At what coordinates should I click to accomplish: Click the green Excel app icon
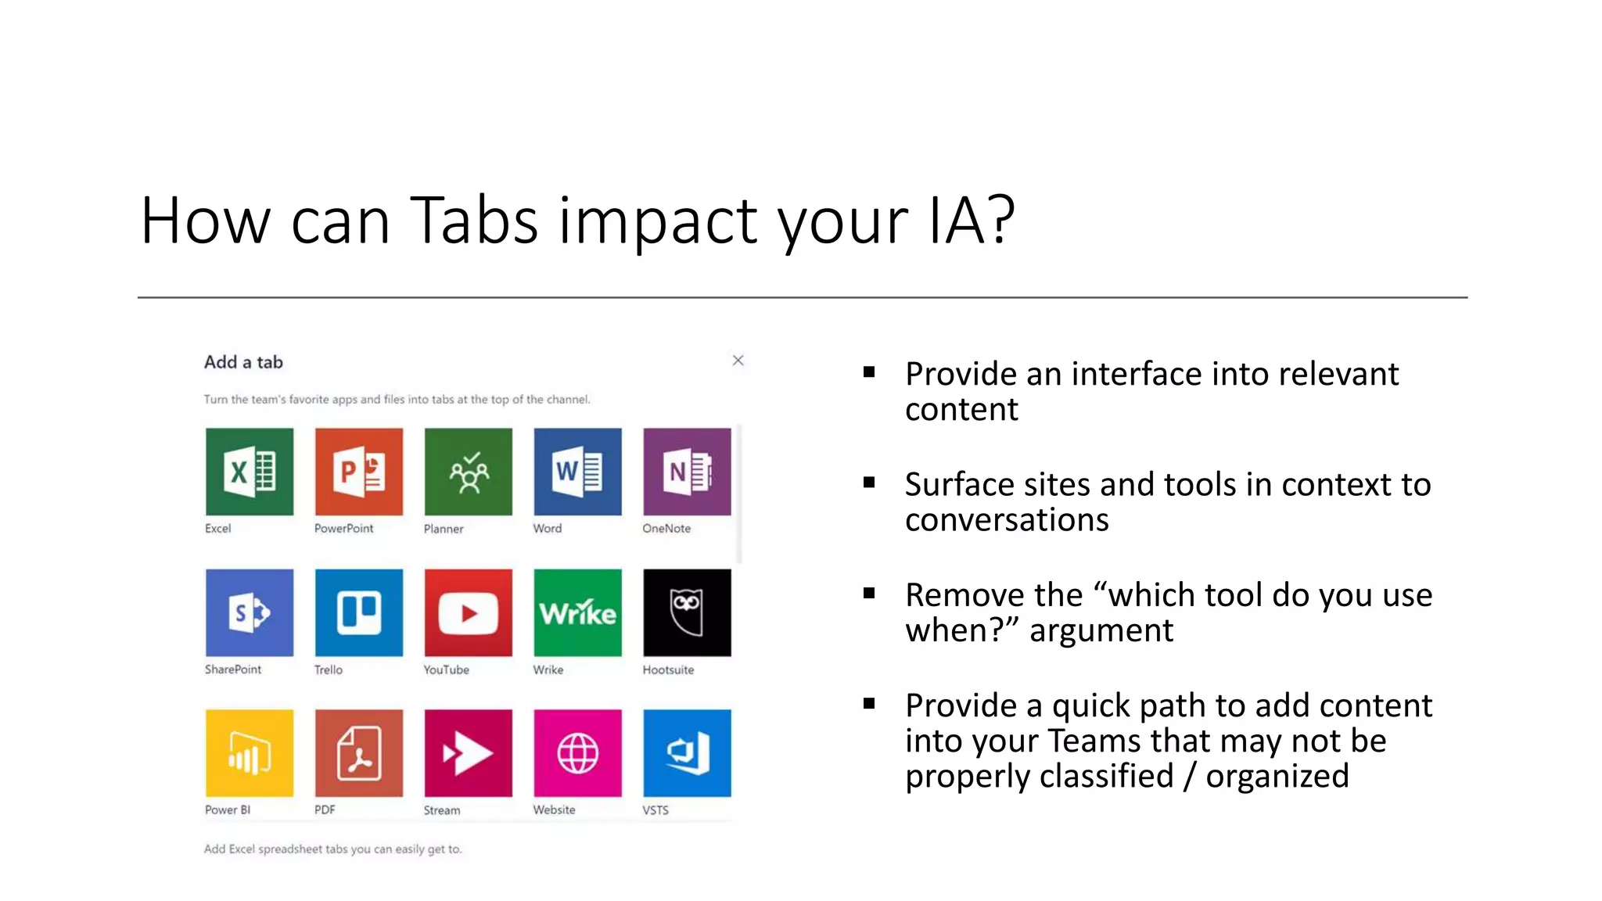[x=250, y=472]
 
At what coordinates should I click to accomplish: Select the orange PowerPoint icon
[x=359, y=472]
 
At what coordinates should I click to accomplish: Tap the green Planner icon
[x=469, y=472]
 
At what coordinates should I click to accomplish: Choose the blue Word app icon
[x=578, y=472]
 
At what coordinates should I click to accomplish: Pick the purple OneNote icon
[x=687, y=472]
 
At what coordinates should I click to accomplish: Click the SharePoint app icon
[x=250, y=612]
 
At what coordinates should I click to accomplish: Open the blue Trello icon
[x=359, y=612]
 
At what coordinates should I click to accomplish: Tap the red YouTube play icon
[x=469, y=612]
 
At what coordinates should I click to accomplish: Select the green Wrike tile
[x=578, y=612]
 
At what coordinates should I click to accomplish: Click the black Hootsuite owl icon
[x=687, y=612]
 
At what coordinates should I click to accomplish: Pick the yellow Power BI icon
[x=250, y=753]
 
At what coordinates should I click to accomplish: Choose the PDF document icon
[x=359, y=753]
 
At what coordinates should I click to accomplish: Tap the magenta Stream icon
[x=469, y=753]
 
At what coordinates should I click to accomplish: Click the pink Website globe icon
[x=578, y=753]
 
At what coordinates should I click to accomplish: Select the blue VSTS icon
[x=687, y=753]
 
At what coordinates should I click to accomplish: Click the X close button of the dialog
[x=738, y=361]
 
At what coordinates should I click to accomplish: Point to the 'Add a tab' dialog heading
[x=243, y=362]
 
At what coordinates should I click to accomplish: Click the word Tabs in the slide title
[x=474, y=221]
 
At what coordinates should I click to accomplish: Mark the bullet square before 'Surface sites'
[x=869, y=483]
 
